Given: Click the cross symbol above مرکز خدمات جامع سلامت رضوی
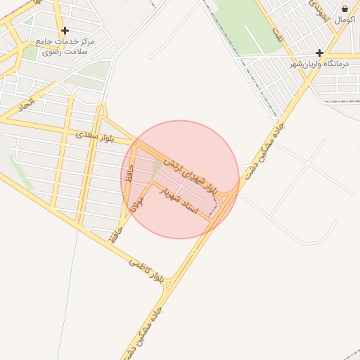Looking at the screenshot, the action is (x=65, y=30).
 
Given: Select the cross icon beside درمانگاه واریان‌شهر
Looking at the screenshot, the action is (x=319, y=53).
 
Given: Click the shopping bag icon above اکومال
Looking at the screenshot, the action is (x=345, y=8).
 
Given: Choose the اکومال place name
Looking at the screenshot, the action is (x=345, y=20).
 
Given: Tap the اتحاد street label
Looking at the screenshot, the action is (x=26, y=105).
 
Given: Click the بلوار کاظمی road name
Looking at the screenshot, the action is (x=146, y=271).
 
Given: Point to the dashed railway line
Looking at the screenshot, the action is (x=239, y=56).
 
